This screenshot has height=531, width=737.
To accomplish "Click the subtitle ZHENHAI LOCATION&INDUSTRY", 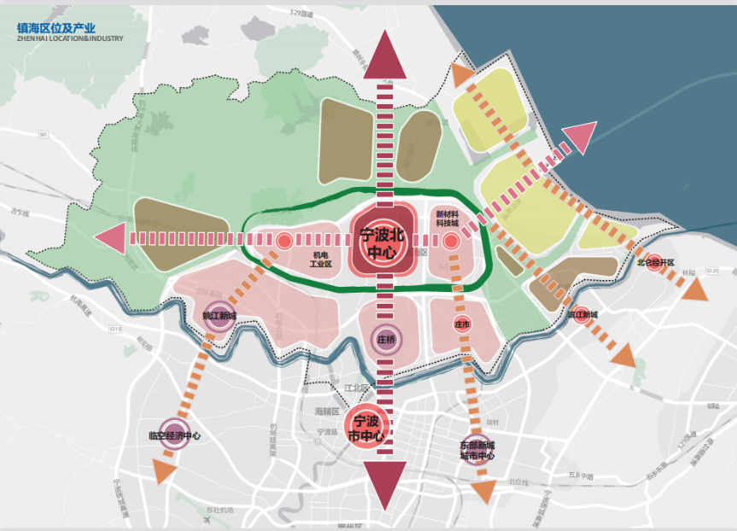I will coord(70,39).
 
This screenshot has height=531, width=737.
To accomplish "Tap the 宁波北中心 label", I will coord(382,243).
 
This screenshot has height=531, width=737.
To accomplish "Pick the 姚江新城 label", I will coord(219,316).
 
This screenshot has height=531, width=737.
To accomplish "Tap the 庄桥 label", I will coord(386,339).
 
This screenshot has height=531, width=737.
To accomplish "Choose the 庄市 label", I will coord(463,324).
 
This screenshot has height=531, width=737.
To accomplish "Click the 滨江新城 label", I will coord(582,315).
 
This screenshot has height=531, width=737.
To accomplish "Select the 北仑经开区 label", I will coord(656,262).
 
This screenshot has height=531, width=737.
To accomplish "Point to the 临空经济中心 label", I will coord(174,435).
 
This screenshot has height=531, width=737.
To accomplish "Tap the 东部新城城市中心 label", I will coord(477,450).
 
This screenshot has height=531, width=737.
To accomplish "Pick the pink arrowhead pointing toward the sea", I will coord(580,137).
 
